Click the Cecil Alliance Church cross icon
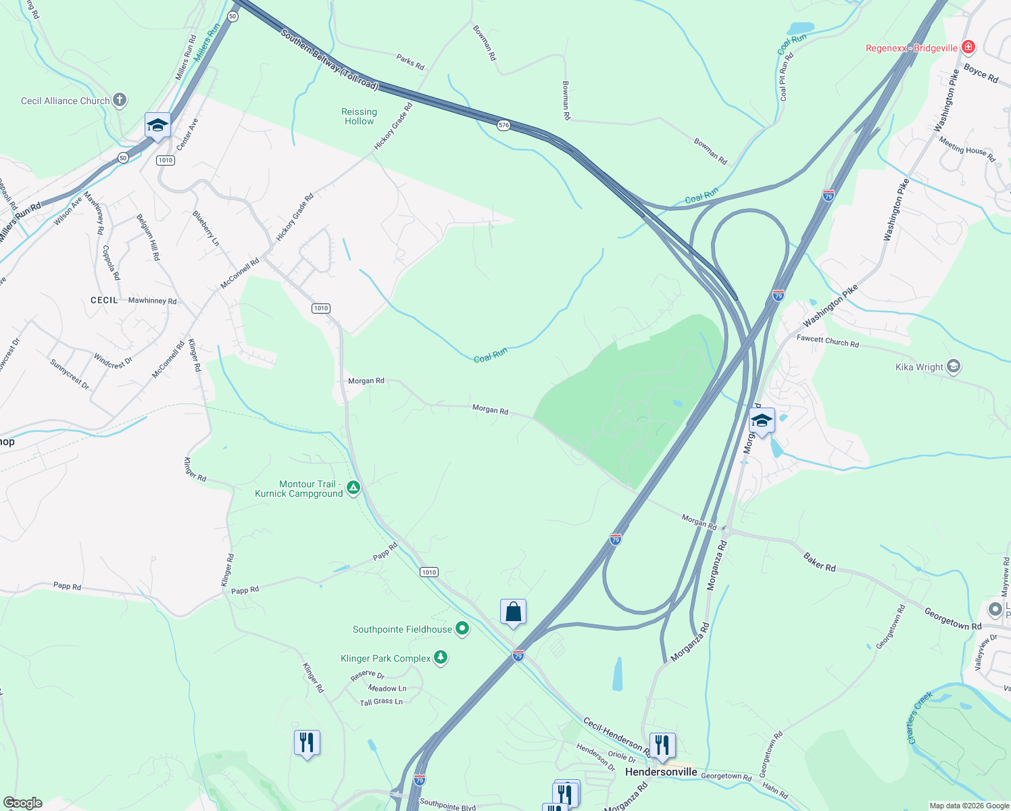[120, 101]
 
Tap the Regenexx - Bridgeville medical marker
[968, 47]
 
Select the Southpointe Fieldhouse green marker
[462, 629]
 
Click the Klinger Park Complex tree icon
[441, 658]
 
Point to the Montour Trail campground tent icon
[353, 487]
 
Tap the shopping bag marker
[513, 612]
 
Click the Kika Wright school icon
[954, 367]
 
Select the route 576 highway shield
[503, 125]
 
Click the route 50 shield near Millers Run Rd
[232, 16]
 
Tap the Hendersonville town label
[661, 772]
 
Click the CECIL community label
[104, 300]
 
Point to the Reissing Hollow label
[359, 116]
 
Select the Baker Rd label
[820, 562]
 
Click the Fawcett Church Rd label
[827, 341]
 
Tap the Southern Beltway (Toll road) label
[329, 59]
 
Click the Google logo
[23, 803]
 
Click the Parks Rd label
[410, 62]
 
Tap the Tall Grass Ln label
[381, 702]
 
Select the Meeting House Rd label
[967, 149]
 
